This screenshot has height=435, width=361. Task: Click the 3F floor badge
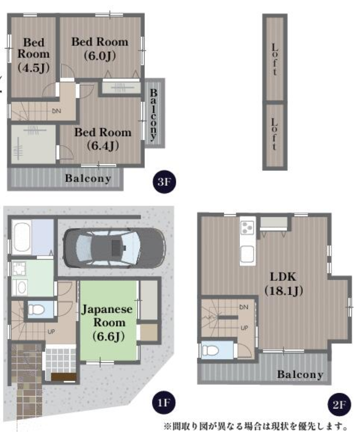point(164,181)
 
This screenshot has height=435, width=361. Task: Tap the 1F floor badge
point(164,402)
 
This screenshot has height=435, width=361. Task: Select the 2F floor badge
point(339,405)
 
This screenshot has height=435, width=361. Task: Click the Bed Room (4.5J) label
point(34,55)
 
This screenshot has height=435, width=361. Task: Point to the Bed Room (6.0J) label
point(100,49)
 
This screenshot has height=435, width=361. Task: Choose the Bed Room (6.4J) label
point(103,139)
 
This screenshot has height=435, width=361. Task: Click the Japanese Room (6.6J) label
point(107,322)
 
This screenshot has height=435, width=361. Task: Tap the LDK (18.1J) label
point(284,283)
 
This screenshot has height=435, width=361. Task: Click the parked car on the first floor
point(114,248)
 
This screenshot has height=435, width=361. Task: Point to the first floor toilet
point(36,310)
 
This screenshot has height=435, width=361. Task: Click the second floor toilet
point(210,350)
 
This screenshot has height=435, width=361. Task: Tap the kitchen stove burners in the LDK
point(247,227)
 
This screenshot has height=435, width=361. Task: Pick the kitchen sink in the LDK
point(247,254)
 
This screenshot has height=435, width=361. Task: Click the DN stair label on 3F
point(56,111)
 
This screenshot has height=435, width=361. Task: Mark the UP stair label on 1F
point(51,331)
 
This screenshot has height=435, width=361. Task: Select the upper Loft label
point(274,59)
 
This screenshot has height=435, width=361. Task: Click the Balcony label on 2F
point(300,374)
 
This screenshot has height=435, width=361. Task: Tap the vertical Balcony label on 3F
point(153,114)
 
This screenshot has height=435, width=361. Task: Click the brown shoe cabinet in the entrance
point(64,377)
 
